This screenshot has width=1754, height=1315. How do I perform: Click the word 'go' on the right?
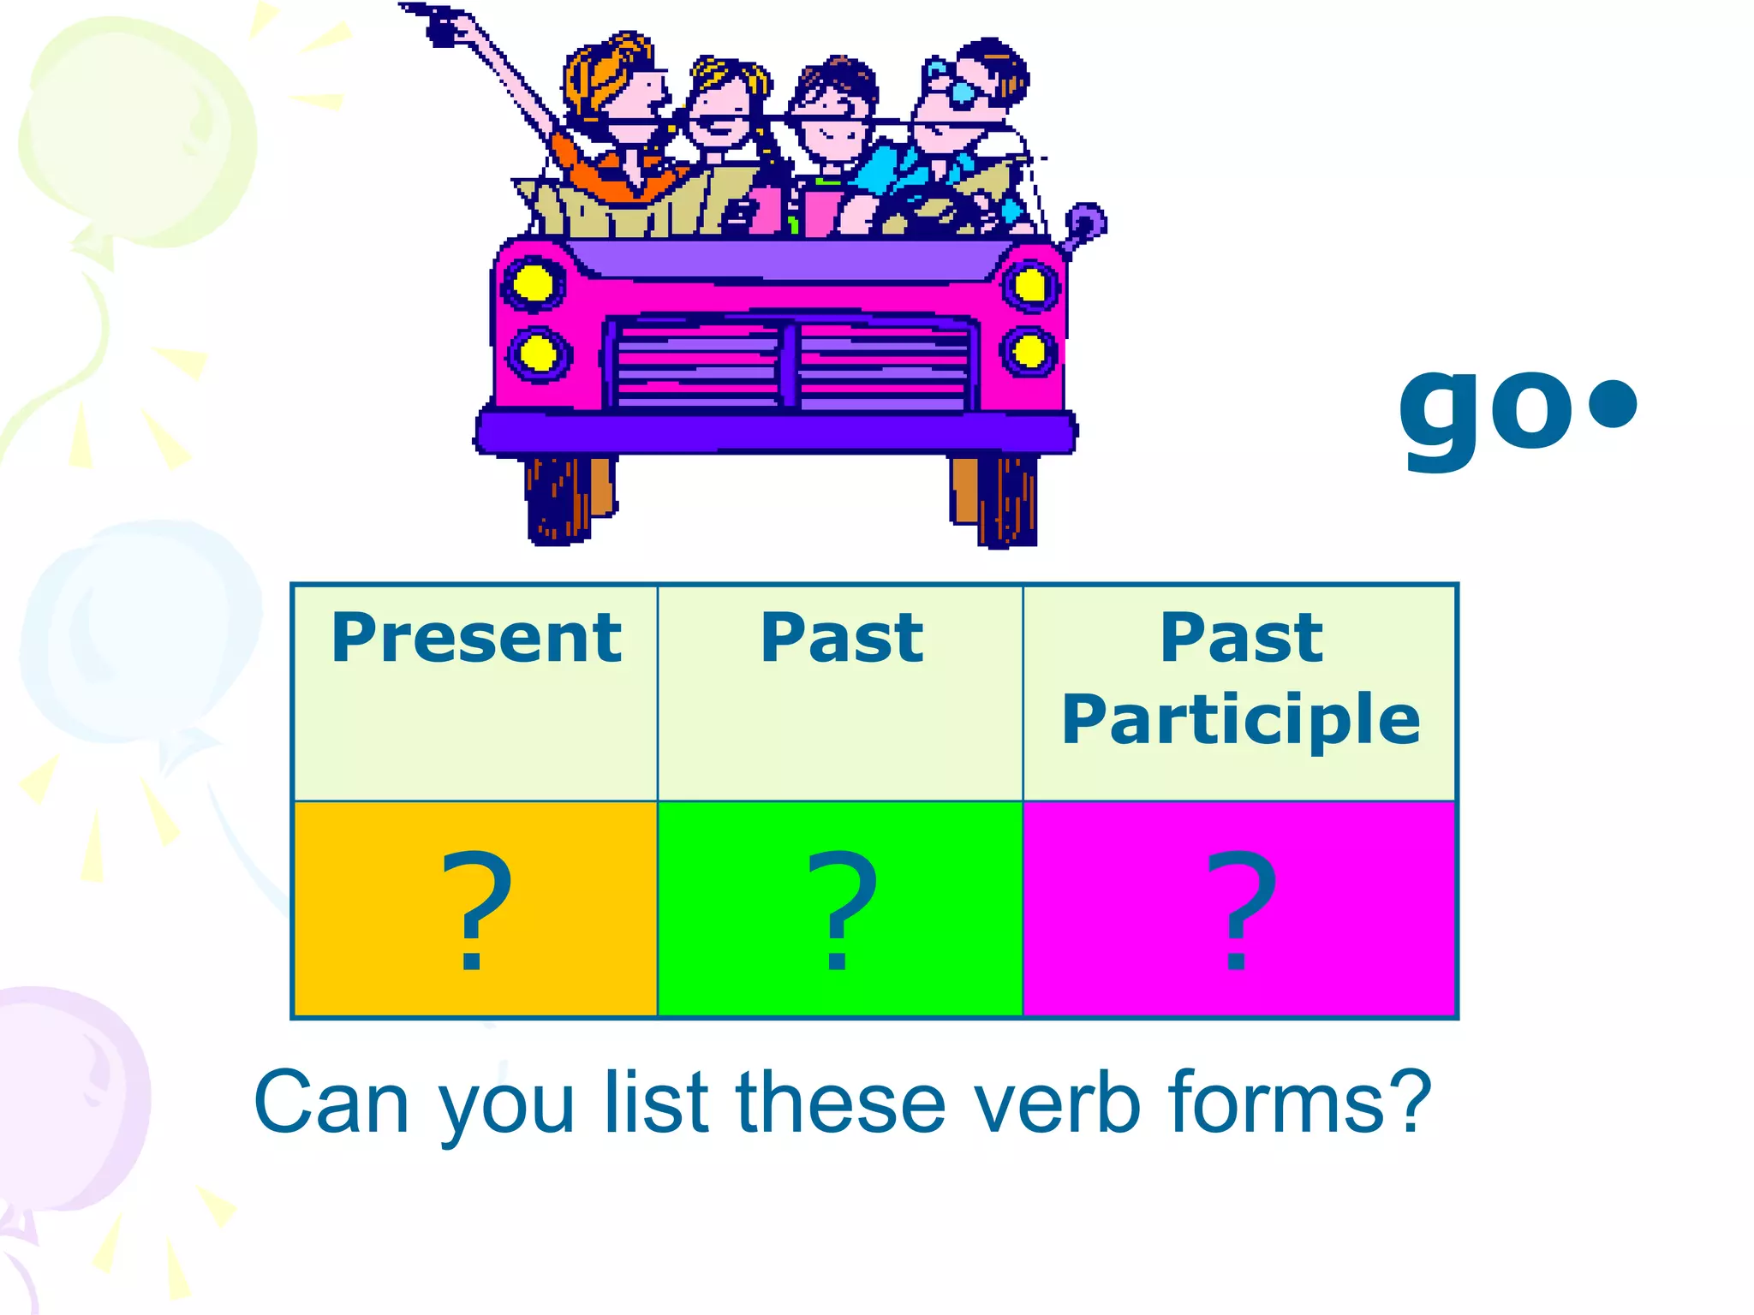pyautogui.click(x=1486, y=411)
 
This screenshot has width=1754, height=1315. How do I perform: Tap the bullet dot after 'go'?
pyautogui.click(x=1613, y=403)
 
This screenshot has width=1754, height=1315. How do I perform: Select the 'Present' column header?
pyautogui.click(x=476, y=639)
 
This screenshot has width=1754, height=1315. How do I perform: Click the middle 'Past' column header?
pyautogui.click(x=842, y=639)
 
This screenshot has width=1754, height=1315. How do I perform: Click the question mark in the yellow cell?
pyautogui.click(x=475, y=909)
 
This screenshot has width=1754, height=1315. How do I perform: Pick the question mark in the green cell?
pyautogui.click(x=841, y=909)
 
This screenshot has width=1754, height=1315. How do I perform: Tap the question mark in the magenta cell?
pyautogui.click(x=1240, y=909)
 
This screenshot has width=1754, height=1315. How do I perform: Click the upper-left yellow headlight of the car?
pyautogui.click(x=533, y=283)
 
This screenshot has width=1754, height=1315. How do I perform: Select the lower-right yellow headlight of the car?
pyautogui.click(x=1029, y=351)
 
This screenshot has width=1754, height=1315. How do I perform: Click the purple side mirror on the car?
pyautogui.click(x=1085, y=223)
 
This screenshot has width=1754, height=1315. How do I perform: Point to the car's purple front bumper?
pyautogui.click(x=775, y=431)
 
